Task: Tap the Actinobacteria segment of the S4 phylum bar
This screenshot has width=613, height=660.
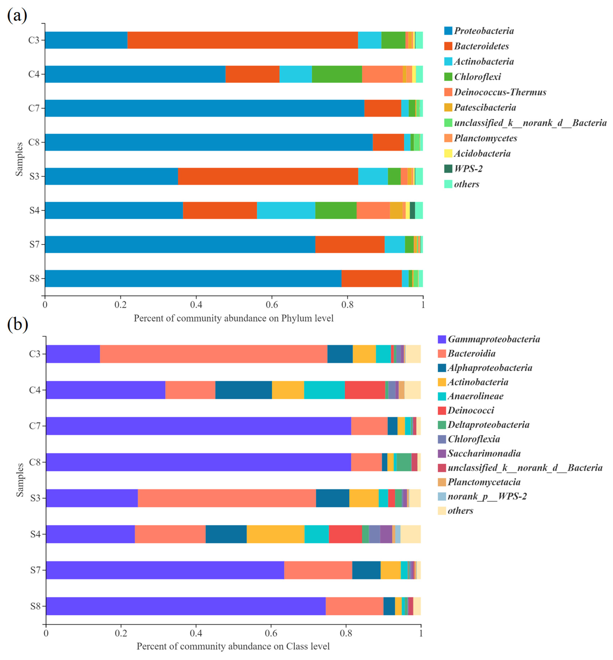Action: tap(286, 210)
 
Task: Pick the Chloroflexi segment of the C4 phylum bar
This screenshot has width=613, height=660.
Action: tap(337, 74)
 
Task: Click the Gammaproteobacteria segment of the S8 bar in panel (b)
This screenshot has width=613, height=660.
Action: tap(186, 606)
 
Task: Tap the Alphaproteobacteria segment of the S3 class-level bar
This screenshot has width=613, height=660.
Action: tap(332, 498)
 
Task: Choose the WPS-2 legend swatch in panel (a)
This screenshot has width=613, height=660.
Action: tap(448, 169)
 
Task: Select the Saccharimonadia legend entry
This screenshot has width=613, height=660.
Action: tap(484, 453)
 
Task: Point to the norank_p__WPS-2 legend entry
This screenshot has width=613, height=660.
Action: tap(487, 497)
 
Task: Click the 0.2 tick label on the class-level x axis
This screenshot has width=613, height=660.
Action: tap(121, 633)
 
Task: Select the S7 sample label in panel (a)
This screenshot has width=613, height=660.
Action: tap(34, 244)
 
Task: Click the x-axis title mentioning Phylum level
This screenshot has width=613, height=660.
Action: tap(234, 318)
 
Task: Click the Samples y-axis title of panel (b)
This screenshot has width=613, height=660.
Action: tap(20, 480)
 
